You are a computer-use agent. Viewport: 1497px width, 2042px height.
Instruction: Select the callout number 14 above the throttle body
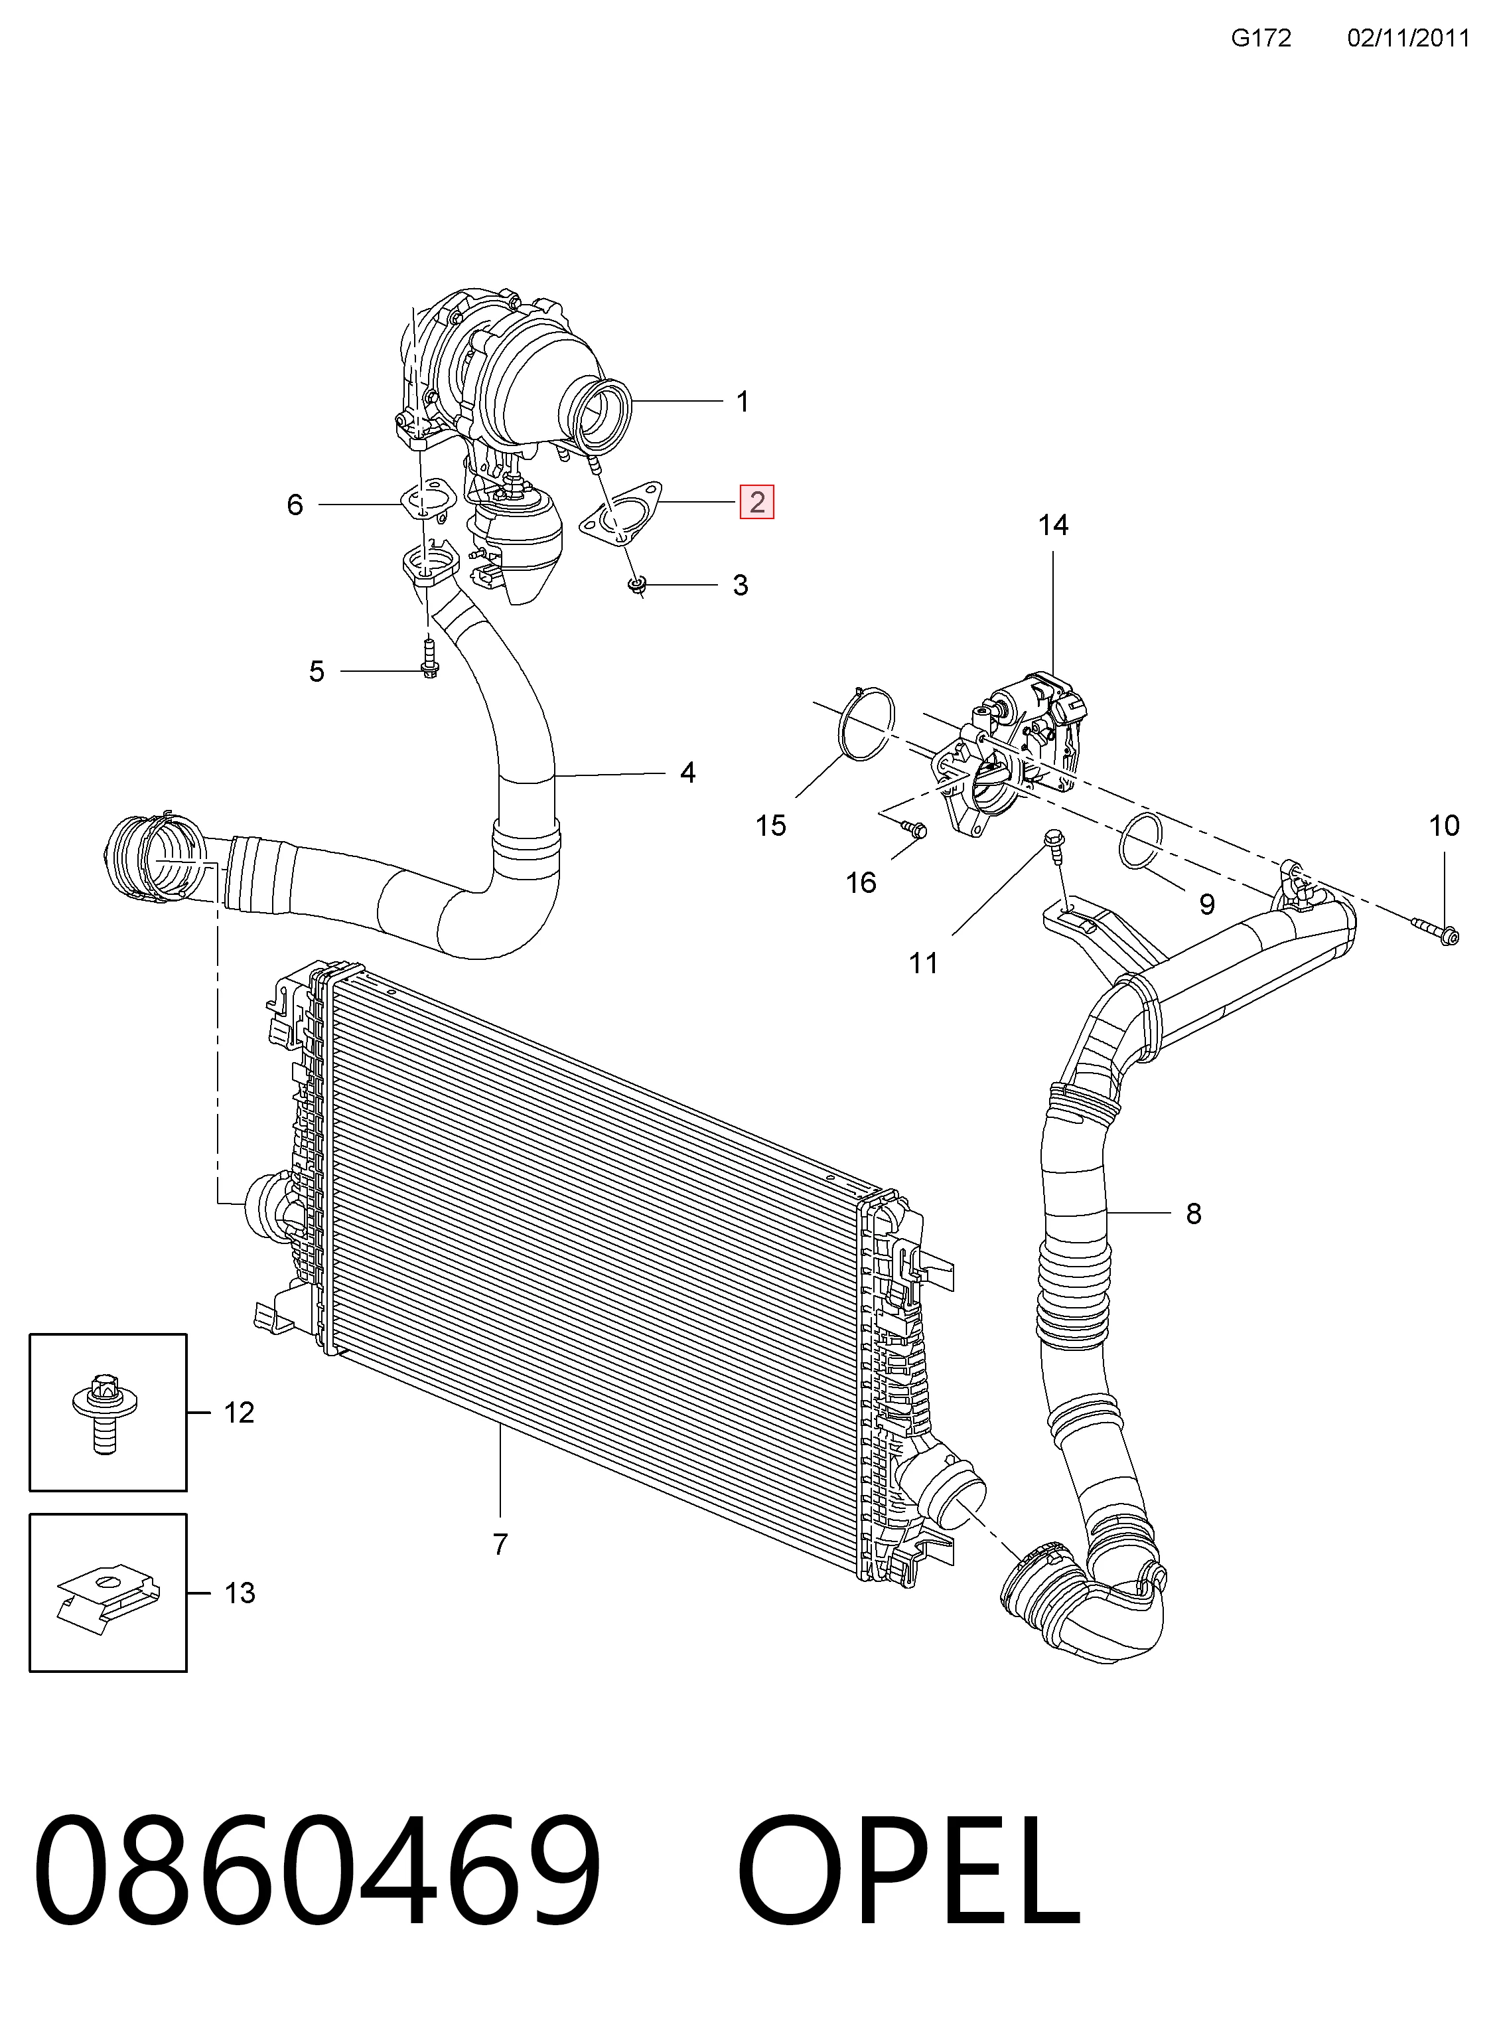1053,525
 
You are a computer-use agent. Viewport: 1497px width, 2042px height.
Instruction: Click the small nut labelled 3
637,586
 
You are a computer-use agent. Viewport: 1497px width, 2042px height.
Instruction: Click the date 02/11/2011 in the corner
1407,38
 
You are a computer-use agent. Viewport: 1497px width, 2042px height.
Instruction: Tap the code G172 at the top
1261,38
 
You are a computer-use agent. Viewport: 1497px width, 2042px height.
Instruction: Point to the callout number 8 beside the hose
1194,1214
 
